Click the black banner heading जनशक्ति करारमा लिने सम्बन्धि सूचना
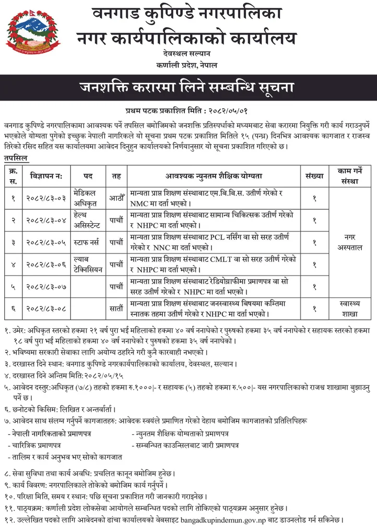[188, 87]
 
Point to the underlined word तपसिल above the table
[16, 158]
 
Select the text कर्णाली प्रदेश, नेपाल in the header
[186, 64]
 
